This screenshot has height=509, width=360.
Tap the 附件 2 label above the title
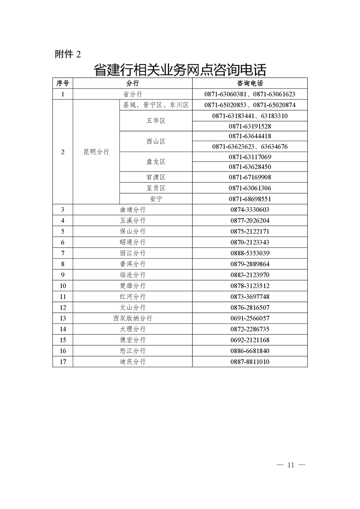click(68, 54)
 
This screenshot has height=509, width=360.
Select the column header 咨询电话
click(250, 83)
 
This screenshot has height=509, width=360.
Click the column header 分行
click(133, 83)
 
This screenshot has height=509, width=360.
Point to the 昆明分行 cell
click(96, 152)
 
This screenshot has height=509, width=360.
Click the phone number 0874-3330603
click(250, 210)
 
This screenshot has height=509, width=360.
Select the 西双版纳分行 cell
click(133, 318)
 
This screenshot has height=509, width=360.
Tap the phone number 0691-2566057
click(250, 318)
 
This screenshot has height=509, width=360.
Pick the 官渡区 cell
click(156, 177)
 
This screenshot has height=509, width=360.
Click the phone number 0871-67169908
click(250, 177)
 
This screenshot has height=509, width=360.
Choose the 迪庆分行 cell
click(133, 362)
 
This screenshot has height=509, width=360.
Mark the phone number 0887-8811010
click(250, 362)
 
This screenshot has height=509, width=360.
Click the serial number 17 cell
click(63, 362)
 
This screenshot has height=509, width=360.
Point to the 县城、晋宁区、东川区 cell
click(156, 105)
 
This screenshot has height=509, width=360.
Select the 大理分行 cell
click(133, 329)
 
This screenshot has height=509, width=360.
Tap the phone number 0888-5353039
click(250, 253)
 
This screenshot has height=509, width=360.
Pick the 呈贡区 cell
click(156, 188)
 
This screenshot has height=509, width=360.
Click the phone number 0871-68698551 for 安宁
click(250, 199)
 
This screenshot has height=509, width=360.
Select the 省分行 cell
click(133, 94)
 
